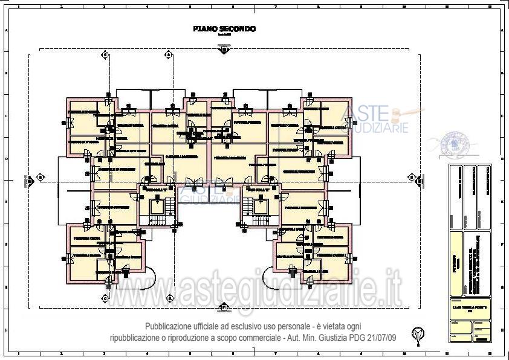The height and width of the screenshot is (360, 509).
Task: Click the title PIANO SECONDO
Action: coord(224,28)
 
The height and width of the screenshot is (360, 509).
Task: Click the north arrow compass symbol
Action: coord(417,333)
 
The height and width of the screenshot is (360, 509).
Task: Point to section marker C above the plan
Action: coord(105,54)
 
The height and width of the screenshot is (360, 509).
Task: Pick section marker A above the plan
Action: coord(170,54)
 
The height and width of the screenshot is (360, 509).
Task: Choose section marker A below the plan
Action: coord(170,298)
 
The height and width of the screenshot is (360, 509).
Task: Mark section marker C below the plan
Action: coord(105,298)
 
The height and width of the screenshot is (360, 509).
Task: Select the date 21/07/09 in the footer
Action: coord(379,336)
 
